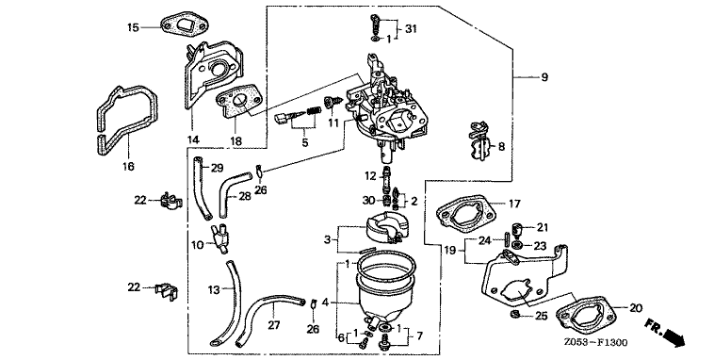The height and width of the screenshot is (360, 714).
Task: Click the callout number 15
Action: [133, 27]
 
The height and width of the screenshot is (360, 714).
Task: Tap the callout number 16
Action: [129, 166]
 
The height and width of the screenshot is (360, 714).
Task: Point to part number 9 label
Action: [544, 77]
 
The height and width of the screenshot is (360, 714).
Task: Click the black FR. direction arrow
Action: [673, 338]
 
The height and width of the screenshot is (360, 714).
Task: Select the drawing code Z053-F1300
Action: [595, 343]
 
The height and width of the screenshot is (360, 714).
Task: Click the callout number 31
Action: [412, 28]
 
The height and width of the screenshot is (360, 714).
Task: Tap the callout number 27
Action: [274, 325]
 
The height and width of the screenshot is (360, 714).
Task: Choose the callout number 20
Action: [636, 308]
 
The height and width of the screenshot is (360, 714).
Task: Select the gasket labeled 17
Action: [467, 212]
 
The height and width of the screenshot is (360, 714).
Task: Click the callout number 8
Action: [501, 146]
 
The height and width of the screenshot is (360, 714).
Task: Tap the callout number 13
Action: [214, 289]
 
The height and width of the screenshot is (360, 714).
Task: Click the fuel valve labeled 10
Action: [219, 236]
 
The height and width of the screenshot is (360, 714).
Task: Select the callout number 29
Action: [218, 168]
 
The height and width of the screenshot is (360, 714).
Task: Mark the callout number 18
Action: [235, 140]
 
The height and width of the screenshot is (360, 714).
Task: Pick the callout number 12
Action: [370, 175]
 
